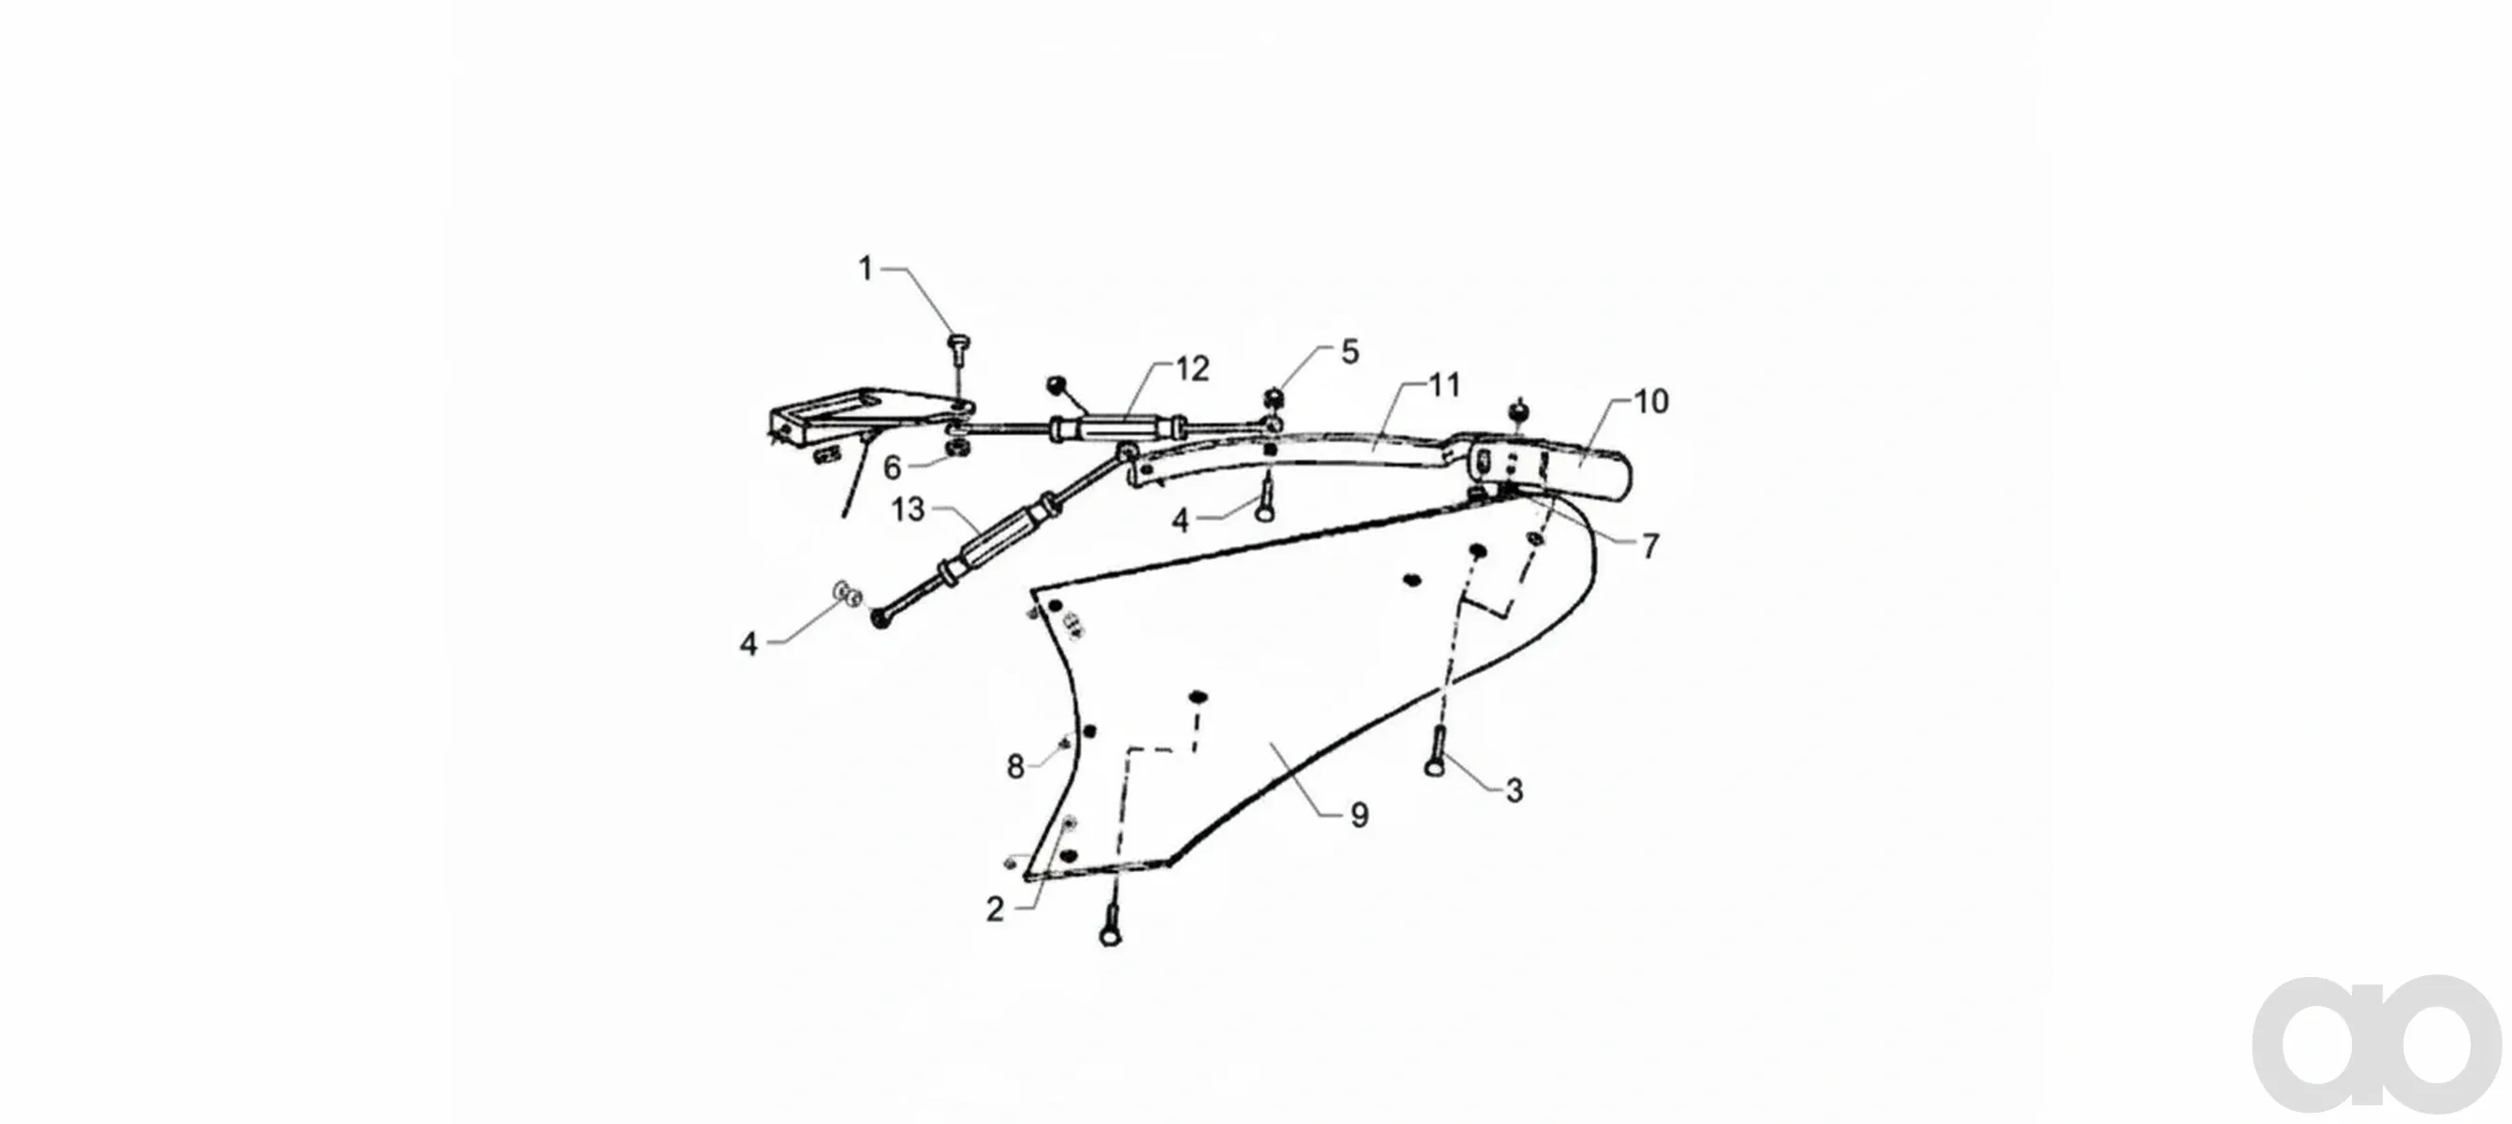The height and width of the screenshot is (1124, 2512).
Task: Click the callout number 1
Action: pyautogui.click(x=864, y=268)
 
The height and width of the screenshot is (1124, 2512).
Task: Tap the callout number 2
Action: pyautogui.click(x=995, y=910)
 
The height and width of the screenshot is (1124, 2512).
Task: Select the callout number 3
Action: pyautogui.click(x=1515, y=791)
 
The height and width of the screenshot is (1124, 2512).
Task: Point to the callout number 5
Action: pyautogui.click(x=1350, y=352)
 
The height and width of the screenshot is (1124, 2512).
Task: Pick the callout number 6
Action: pyautogui.click(x=893, y=468)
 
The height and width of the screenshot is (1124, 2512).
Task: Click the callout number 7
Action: pyautogui.click(x=1650, y=547)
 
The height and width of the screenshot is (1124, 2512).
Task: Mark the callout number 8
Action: pyautogui.click(x=1015, y=767)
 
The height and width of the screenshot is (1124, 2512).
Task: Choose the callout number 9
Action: pyautogui.click(x=1359, y=815)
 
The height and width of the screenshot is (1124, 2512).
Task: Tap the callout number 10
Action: pyautogui.click(x=1651, y=401)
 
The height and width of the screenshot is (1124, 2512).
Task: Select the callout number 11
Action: pyautogui.click(x=1444, y=385)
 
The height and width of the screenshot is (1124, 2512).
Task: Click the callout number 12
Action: pyautogui.click(x=1191, y=368)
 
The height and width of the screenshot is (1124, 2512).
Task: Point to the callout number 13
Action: pyautogui.click(x=908, y=509)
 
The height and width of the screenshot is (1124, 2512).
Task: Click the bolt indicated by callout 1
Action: pyautogui.click(x=956, y=353)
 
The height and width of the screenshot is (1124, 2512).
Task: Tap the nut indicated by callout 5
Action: pyautogui.click(x=1273, y=397)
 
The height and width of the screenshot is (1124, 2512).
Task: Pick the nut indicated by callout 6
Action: pyautogui.click(x=956, y=450)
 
